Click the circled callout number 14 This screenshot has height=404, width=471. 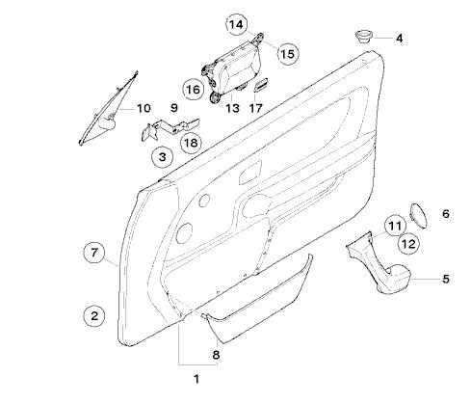point(237,24)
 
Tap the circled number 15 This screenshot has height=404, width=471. point(287,54)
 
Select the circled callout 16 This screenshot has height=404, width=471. point(194,89)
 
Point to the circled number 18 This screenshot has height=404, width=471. point(191,143)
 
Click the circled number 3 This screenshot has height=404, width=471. point(163,157)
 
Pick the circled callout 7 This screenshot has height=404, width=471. point(93,253)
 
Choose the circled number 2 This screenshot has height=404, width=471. point(94,315)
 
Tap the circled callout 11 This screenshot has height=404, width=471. point(395,226)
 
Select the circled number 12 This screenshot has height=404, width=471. point(408,244)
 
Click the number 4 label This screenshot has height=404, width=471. point(399,39)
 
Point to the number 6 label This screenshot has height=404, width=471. point(446,214)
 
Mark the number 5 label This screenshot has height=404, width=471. point(446,279)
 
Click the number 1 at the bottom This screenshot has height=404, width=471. point(196,379)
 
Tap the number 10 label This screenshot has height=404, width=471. point(144,108)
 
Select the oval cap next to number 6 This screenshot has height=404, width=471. point(419,215)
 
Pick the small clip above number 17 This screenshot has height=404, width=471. point(260,84)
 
